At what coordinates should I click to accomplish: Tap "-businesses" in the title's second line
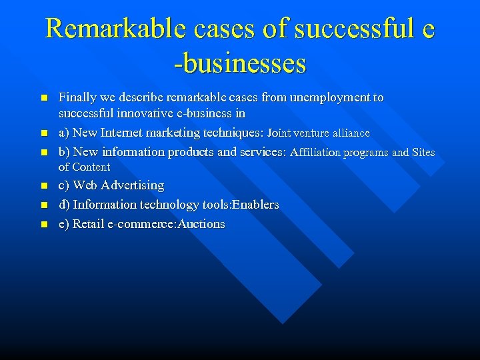pyautogui.click(x=240, y=63)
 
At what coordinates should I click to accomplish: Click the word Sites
pyautogui.click(x=423, y=153)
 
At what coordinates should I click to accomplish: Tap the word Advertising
pyautogui.click(x=131, y=185)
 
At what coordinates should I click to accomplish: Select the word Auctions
pyautogui.click(x=201, y=224)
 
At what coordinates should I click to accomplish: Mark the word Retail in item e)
pyautogui.click(x=87, y=224)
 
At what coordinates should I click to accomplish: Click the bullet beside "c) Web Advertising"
pyautogui.click(x=43, y=186)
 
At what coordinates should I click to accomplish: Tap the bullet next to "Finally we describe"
pyautogui.click(x=43, y=98)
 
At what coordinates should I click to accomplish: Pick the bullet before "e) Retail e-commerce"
pyautogui.click(x=43, y=225)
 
